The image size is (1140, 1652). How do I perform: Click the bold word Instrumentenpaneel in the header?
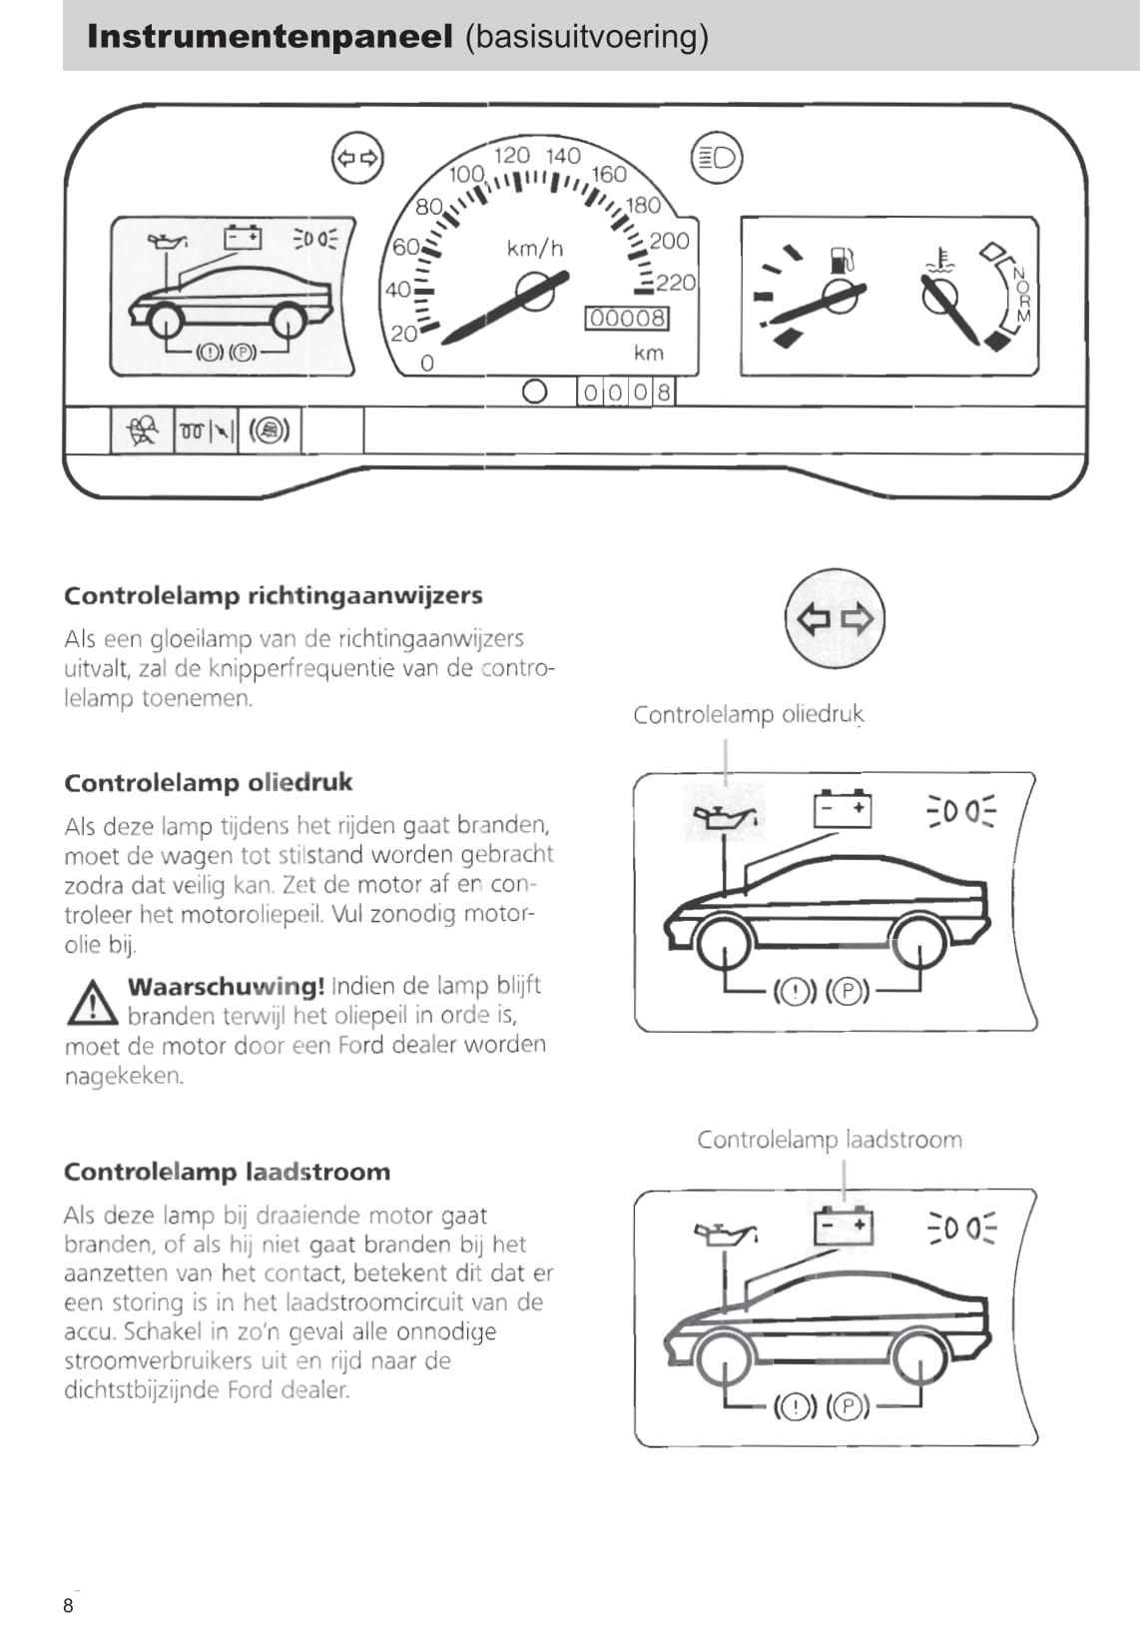click(x=270, y=37)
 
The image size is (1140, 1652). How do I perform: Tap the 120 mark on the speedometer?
click(x=512, y=155)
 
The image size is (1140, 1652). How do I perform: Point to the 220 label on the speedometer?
click(x=676, y=283)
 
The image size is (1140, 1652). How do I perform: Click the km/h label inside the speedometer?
click(x=535, y=248)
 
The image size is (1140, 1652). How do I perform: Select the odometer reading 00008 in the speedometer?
click(x=627, y=319)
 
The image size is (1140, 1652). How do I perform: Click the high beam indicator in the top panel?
click(x=717, y=158)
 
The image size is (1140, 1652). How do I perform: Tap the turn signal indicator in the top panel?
click(x=357, y=158)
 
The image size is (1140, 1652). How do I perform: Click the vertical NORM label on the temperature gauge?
click(x=1019, y=294)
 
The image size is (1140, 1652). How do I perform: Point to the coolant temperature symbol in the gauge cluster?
click(x=939, y=260)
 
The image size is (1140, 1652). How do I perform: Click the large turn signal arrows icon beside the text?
click(x=835, y=619)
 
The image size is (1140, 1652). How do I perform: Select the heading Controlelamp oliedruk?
click(x=208, y=782)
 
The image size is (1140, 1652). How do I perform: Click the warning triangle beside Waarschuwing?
click(x=92, y=1003)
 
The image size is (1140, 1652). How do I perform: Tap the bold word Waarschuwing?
click(x=226, y=986)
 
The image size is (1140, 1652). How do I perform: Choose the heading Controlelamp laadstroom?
click(x=227, y=1172)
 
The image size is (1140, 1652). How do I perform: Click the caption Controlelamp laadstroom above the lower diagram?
click(x=829, y=1140)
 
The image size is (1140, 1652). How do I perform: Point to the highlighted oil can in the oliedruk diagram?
click(x=724, y=815)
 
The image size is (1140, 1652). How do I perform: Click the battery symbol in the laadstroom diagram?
click(x=844, y=1226)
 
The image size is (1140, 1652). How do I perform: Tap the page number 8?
click(x=68, y=1605)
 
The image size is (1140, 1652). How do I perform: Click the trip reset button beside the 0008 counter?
click(x=535, y=392)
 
